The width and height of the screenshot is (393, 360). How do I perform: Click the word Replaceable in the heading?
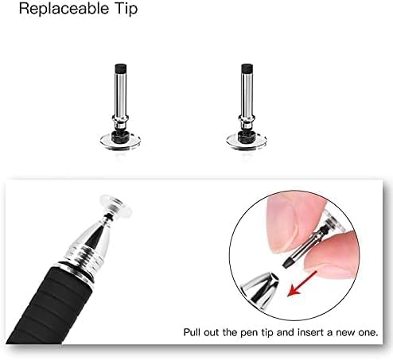64,9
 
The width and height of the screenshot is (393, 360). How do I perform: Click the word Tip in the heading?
126,9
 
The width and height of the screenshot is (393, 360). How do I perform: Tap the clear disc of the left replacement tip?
120,141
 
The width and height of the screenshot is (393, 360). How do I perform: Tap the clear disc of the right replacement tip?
247,141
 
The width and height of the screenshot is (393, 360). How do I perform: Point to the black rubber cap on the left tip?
121,68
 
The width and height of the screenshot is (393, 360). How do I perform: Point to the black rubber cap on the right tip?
247,68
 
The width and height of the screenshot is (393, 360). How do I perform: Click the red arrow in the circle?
302,284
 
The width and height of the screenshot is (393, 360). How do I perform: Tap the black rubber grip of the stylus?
48,308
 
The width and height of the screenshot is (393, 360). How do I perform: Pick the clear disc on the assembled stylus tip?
115,207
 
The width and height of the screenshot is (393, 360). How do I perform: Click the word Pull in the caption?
192,332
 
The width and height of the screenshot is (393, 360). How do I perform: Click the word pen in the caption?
249,333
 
